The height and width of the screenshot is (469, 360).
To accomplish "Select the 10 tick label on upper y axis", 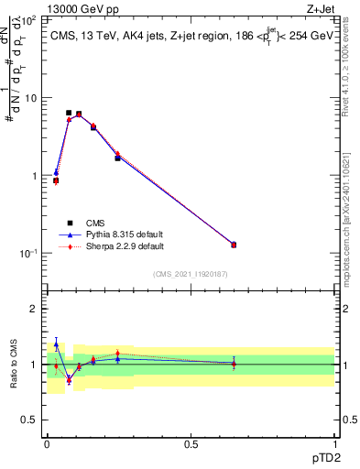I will (x=30, y=97).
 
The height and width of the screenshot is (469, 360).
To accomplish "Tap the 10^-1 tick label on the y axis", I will (x=28, y=254).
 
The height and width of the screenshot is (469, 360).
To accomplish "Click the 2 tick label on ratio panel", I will (x=35, y=309).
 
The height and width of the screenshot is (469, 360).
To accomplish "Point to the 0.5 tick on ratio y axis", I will (x=30, y=420).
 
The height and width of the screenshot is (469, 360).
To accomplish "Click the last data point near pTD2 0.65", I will (x=233, y=245).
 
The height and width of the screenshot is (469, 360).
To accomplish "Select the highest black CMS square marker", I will (x=69, y=113).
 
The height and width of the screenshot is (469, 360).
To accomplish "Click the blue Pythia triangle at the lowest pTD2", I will (x=56, y=172).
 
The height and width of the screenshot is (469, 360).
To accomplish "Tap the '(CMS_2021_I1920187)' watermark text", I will (x=190, y=274).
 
